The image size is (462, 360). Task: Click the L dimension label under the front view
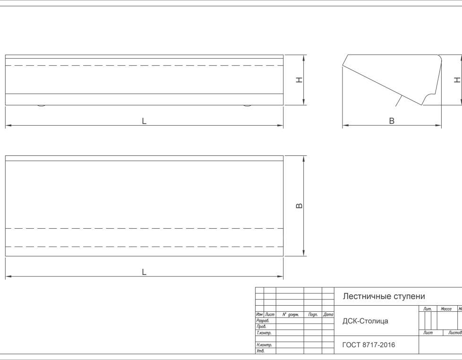pyautogui.click(x=144, y=121)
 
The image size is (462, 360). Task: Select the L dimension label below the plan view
pyautogui.click(x=144, y=272)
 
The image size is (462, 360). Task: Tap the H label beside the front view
pyautogui.click(x=299, y=80)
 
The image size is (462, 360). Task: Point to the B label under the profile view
pyautogui.click(x=392, y=121)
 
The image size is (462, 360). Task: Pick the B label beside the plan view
pyautogui.click(x=299, y=206)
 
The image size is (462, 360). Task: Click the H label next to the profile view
pyautogui.click(x=457, y=80)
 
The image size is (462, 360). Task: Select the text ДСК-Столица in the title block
pyautogui.click(x=365, y=321)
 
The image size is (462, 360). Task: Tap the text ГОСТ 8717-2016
pyautogui.click(x=368, y=345)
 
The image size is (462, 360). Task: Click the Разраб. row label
pyautogui.click(x=263, y=320)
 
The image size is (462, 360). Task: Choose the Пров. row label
pyautogui.click(x=261, y=327)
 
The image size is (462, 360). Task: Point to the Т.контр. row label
pyautogui.click(x=264, y=333)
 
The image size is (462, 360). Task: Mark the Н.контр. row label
pyautogui.click(x=264, y=345)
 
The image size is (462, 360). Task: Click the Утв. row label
pyautogui.click(x=260, y=351)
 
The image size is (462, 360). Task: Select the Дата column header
pyautogui.click(x=328, y=315)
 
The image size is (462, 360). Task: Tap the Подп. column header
pyautogui.click(x=313, y=315)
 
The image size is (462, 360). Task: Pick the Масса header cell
pyautogui.click(x=446, y=309)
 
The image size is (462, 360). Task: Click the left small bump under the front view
pyautogui.click(x=42, y=105)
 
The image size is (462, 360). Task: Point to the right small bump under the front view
pyautogui.click(x=248, y=105)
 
